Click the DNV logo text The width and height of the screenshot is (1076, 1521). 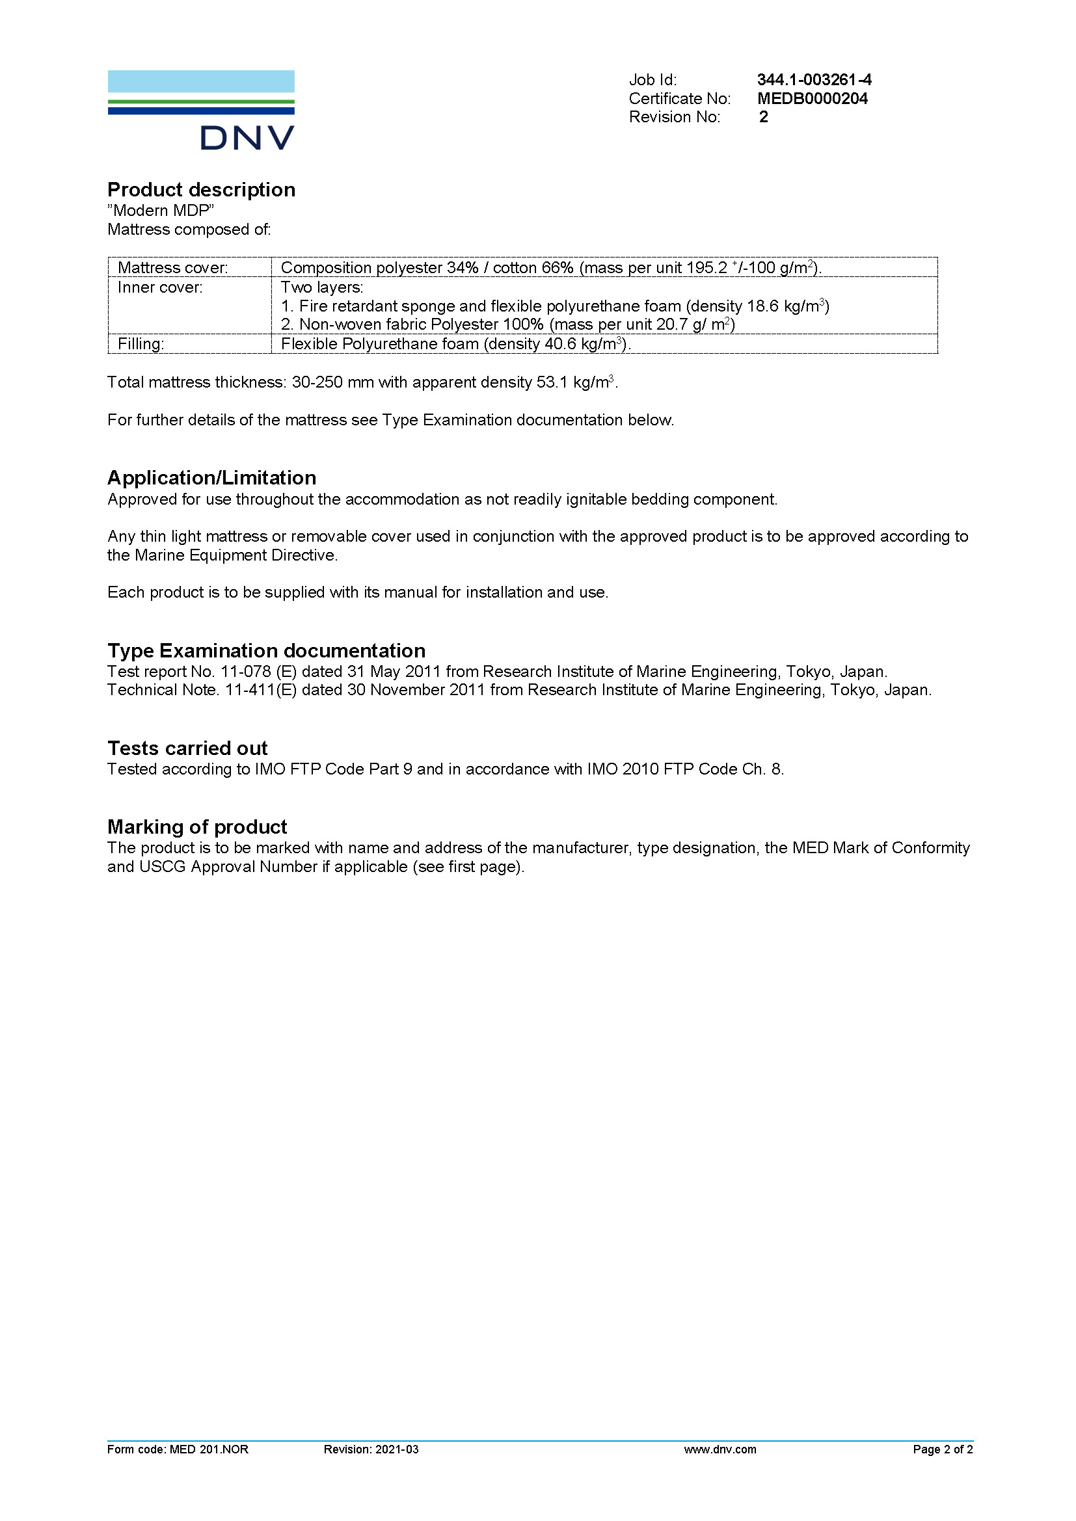point(247,138)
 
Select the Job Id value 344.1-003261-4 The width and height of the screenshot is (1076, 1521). point(814,80)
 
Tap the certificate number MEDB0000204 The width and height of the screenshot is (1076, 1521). point(812,99)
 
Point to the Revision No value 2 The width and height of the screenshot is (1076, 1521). point(763,117)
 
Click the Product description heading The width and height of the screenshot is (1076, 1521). point(201,190)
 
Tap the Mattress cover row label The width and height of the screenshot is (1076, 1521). point(172,268)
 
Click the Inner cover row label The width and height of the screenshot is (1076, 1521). point(159,287)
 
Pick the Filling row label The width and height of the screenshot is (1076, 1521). point(141,344)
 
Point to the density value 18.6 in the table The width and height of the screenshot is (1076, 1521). point(762,306)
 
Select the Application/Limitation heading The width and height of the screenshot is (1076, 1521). point(211,478)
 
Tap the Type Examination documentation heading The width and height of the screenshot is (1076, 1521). point(265,650)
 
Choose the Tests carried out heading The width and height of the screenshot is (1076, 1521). point(187,748)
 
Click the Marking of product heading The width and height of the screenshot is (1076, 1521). point(196,827)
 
